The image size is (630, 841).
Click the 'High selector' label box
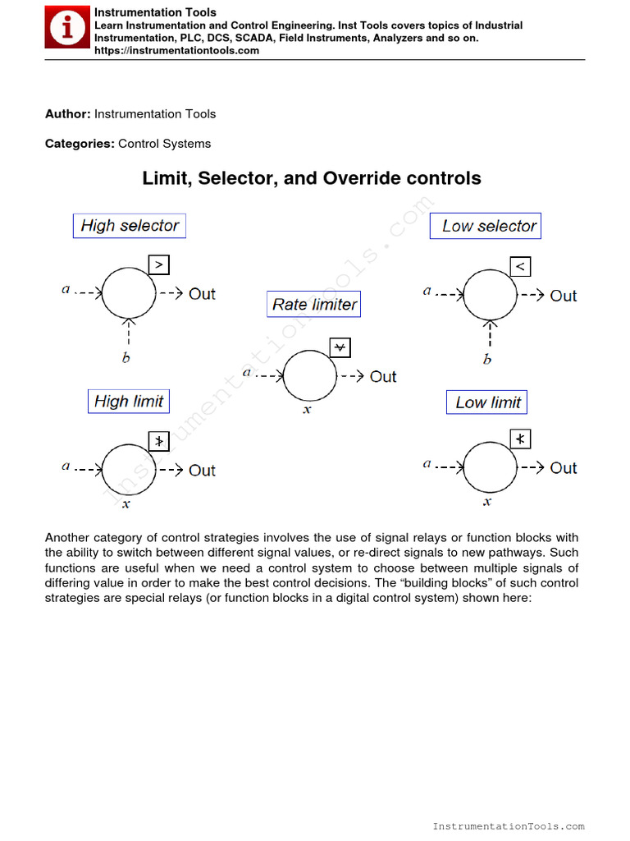pyautogui.click(x=130, y=226)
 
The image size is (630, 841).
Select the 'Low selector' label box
pyautogui.click(x=486, y=226)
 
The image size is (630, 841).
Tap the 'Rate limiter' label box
pyautogui.click(x=314, y=305)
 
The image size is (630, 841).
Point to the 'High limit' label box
pyautogui.click(x=129, y=402)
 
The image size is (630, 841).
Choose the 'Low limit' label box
pyautogui.click(x=487, y=402)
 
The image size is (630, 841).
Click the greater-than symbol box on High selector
pyautogui.click(x=160, y=264)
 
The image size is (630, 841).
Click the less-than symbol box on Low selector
pyautogui.click(x=520, y=266)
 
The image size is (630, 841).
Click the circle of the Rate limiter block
pyautogui.click(x=310, y=375)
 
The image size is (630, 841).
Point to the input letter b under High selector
pyautogui.click(x=126, y=357)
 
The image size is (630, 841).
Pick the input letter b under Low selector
pyautogui.click(x=487, y=359)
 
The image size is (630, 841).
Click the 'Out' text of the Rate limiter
pyautogui.click(x=383, y=377)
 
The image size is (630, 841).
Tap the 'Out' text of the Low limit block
pyautogui.click(x=564, y=468)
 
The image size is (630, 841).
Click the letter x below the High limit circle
pyautogui.click(x=126, y=504)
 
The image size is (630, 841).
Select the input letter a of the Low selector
pyautogui.click(x=427, y=291)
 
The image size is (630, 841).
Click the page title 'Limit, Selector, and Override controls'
pyautogui.click(x=312, y=178)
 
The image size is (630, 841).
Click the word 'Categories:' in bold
pyautogui.click(x=80, y=144)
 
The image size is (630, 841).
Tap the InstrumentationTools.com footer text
pyautogui.click(x=508, y=826)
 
